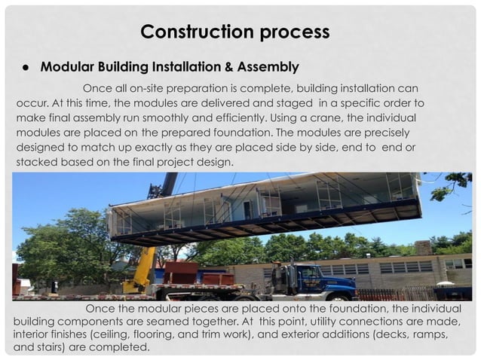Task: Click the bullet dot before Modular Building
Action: tap(25, 67)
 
